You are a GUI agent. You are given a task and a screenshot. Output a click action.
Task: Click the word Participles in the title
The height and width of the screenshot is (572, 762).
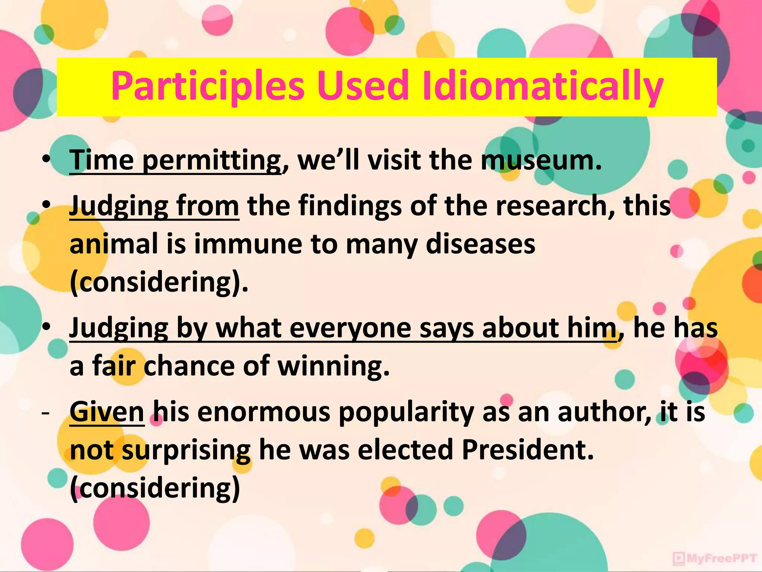tap(208, 87)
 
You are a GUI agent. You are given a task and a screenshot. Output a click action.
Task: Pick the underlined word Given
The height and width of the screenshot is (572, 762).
tap(107, 412)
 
